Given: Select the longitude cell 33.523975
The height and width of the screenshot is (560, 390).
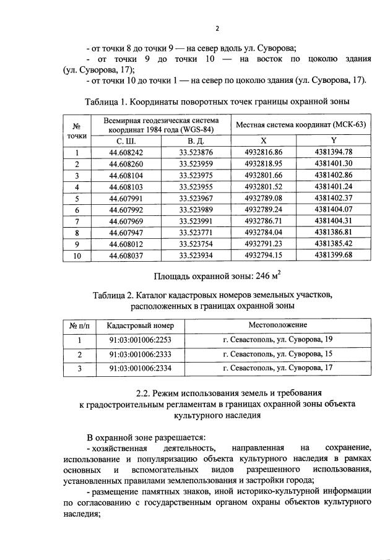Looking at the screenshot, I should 196,175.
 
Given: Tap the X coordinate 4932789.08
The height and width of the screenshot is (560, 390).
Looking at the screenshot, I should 264,198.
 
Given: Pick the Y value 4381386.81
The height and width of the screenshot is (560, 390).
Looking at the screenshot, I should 333,232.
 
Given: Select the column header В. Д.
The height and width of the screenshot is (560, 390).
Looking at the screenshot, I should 196,140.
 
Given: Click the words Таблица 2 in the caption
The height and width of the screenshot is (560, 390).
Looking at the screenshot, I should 119,295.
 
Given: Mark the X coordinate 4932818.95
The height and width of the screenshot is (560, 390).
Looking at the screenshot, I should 264,164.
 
